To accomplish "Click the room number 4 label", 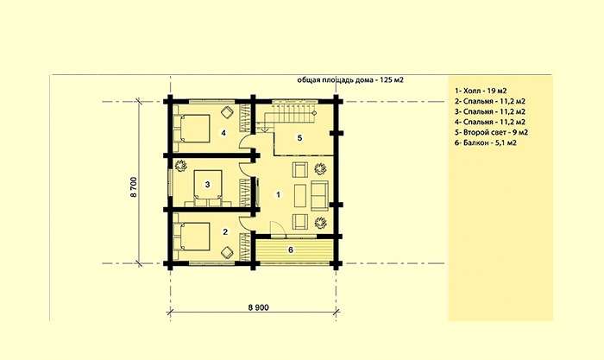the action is [223, 133].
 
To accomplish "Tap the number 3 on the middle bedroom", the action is [207, 185].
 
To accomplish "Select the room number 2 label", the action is [225, 231].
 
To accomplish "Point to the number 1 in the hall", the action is [278, 194].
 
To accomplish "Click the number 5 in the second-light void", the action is [299, 137].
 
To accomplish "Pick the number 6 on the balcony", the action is [291, 249].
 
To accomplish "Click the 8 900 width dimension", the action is [259, 307].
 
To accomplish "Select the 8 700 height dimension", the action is [133, 187].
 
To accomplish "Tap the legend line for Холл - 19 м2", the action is [481, 91].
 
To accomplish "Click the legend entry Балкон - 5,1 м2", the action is [485, 142].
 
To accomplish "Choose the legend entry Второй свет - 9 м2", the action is [491, 132].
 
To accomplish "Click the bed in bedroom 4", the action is [192, 129].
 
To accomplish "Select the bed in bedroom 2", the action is [192, 236].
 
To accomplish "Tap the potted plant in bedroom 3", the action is [180, 166].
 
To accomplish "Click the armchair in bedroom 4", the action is [227, 112].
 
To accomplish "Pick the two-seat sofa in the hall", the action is [320, 196].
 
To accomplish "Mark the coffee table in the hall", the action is [300, 196].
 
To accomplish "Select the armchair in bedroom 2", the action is [227, 252].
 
